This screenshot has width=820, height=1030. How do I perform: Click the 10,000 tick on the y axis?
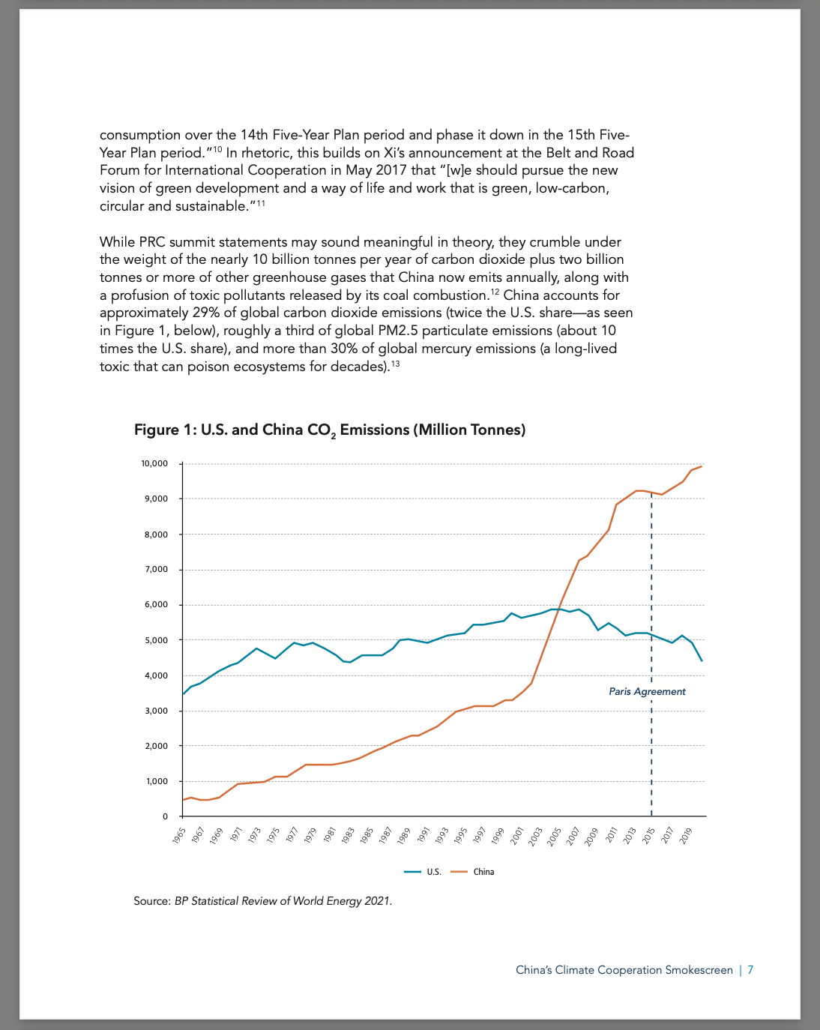tap(154, 463)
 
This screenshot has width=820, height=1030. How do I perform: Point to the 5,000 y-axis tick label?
tap(156, 640)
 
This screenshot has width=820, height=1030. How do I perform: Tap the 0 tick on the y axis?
tap(165, 816)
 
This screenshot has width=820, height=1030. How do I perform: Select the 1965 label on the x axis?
tap(179, 836)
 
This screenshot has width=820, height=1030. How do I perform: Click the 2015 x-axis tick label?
tap(648, 836)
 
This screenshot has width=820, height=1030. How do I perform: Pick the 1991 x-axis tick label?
tap(423, 836)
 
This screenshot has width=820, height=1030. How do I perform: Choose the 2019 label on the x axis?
tap(686, 836)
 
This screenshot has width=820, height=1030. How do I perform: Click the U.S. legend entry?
tap(423, 872)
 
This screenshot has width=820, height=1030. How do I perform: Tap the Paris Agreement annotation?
tap(647, 692)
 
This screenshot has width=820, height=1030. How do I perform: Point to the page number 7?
tap(750, 970)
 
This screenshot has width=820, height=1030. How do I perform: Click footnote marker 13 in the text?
tap(396, 364)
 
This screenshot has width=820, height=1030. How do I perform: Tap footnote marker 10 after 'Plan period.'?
tap(217, 149)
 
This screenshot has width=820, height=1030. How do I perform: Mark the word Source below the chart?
tap(151, 901)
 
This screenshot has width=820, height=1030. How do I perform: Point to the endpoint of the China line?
tap(702, 466)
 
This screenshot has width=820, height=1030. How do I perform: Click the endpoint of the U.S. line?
tap(702, 661)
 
